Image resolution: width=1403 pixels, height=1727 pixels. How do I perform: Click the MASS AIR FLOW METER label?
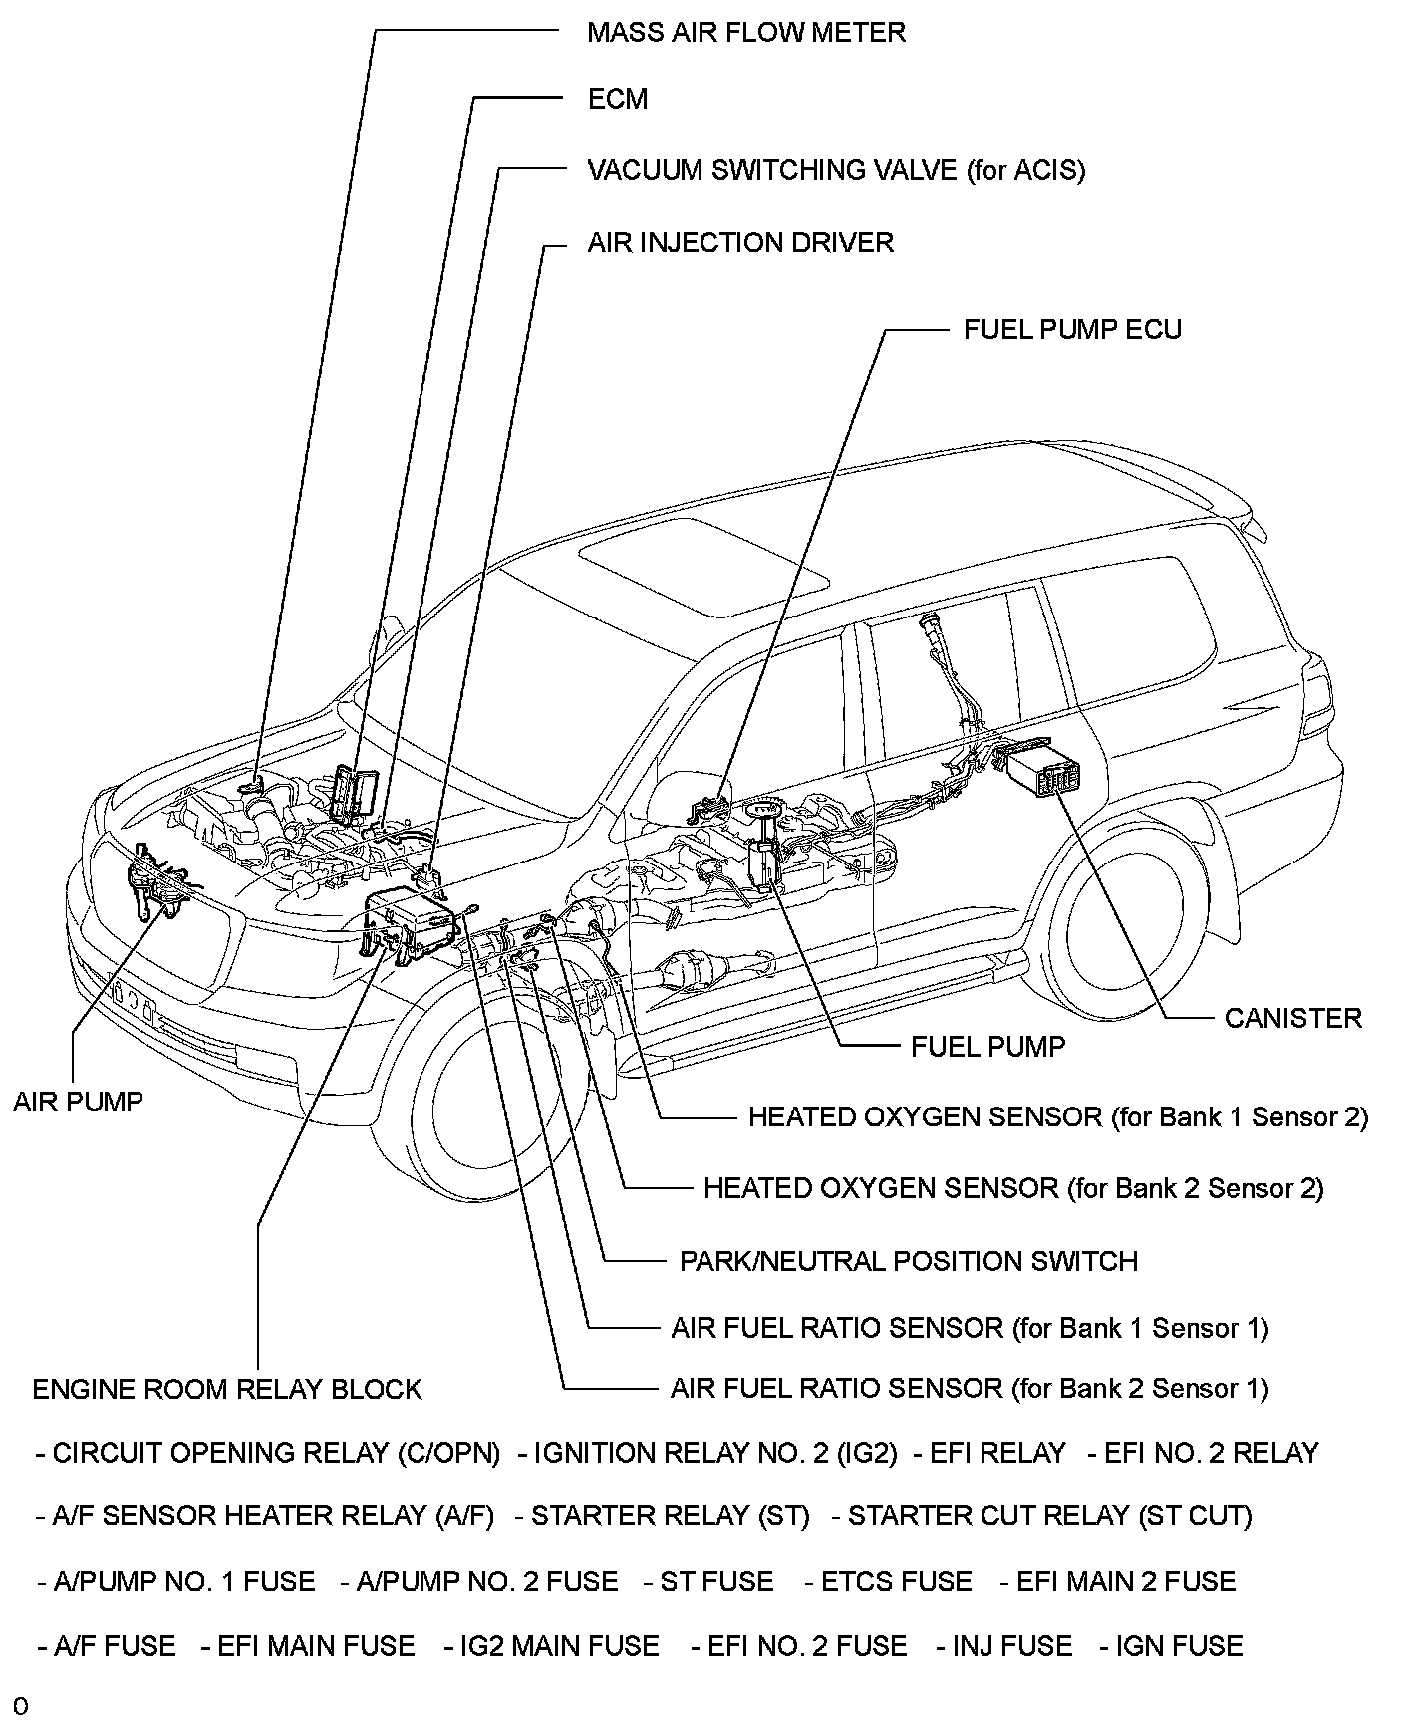pyautogui.click(x=745, y=32)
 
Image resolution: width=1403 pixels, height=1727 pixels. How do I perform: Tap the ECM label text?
pyautogui.click(x=618, y=99)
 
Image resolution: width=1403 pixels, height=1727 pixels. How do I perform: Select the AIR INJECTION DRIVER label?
pyautogui.click(x=739, y=243)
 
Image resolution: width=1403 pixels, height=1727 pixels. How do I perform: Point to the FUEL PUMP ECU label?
pyautogui.click(x=1072, y=330)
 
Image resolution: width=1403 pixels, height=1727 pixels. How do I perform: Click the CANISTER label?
pyautogui.click(x=1292, y=1018)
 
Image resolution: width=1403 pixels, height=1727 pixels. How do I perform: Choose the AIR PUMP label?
pyautogui.click(x=78, y=1102)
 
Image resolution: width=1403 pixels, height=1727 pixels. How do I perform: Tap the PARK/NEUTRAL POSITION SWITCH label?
pyautogui.click(x=908, y=1262)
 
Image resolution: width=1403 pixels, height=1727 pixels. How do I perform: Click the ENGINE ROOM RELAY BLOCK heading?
pyautogui.click(x=227, y=1390)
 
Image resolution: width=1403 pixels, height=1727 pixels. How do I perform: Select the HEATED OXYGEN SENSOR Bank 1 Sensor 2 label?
pyautogui.click(x=1058, y=1117)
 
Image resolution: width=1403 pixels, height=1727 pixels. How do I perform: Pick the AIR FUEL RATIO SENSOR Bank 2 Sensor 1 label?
pyautogui.click(x=970, y=1389)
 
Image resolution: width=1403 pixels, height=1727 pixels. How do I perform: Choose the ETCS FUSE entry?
pyautogui.click(x=887, y=1582)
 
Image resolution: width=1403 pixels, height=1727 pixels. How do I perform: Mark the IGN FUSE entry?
pyautogui.click(x=1171, y=1646)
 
